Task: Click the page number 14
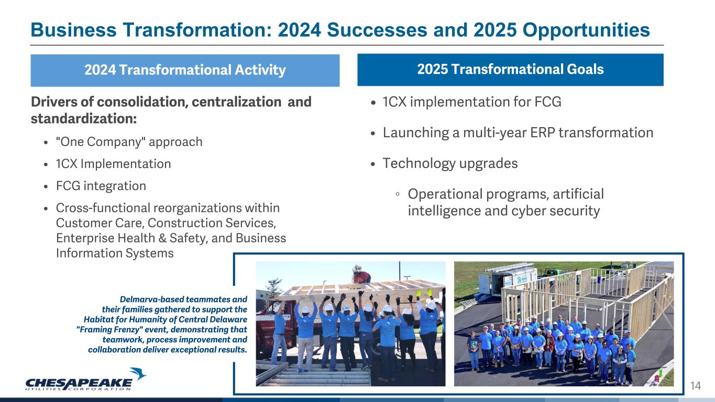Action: [x=696, y=386]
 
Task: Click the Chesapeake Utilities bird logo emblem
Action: [x=138, y=374]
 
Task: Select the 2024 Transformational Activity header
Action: [x=185, y=70]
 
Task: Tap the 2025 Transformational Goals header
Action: [x=510, y=70]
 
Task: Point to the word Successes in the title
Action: [x=377, y=30]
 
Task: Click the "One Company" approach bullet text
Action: [x=129, y=142]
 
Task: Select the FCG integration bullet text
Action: [x=101, y=186]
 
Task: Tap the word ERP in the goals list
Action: [x=542, y=133]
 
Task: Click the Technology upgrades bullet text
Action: [x=450, y=164]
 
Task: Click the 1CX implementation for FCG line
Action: [x=472, y=102]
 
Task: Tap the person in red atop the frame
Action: [x=361, y=276]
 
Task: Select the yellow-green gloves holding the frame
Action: [x=424, y=292]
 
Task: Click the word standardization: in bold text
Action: [x=84, y=119]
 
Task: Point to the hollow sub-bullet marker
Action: [x=398, y=194]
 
